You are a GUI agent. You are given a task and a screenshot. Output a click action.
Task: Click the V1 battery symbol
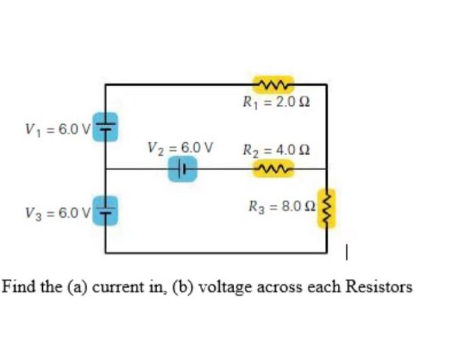point(105,126)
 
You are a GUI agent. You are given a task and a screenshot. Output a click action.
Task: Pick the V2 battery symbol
point(183,168)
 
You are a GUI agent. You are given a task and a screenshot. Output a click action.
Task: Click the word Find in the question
point(18,286)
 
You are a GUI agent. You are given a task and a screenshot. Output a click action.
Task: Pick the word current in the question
point(116,287)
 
